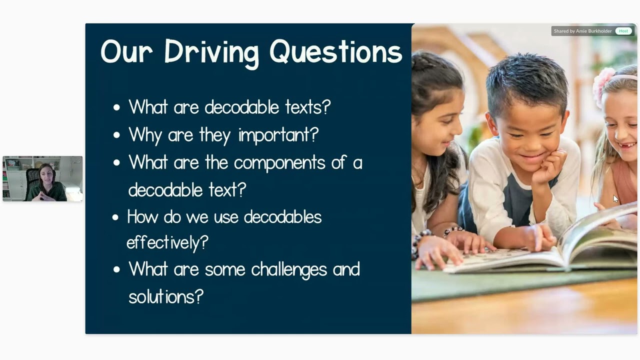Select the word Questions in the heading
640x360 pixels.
(335, 52)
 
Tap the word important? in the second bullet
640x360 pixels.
(278, 135)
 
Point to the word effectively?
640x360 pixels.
(167, 243)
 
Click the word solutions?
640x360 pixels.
(165, 296)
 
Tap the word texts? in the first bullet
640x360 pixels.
(307, 107)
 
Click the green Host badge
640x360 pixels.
(623, 31)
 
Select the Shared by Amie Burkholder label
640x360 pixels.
(582, 31)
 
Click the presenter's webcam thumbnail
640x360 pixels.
(42, 178)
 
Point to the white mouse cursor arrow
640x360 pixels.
(615, 198)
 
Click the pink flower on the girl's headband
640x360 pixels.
(603, 85)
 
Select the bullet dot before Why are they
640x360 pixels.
(116, 135)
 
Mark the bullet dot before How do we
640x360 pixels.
(115, 217)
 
